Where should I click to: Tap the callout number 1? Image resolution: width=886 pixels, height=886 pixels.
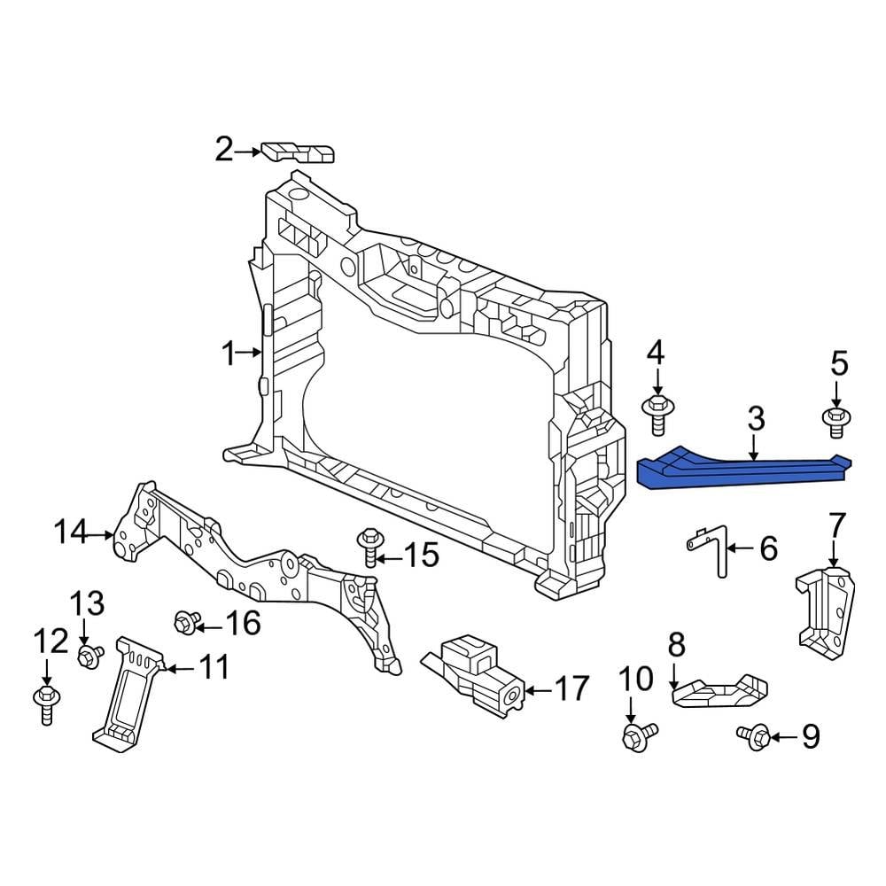(x=229, y=354)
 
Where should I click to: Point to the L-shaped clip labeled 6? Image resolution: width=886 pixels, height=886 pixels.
(x=712, y=549)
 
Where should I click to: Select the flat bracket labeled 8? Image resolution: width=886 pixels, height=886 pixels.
(x=722, y=690)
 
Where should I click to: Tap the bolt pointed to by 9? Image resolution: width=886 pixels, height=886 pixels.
(x=754, y=735)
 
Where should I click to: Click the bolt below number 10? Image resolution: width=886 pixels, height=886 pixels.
(x=637, y=734)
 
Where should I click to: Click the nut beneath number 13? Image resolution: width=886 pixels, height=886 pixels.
(x=89, y=657)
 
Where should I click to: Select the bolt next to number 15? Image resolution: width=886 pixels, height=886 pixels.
(x=369, y=547)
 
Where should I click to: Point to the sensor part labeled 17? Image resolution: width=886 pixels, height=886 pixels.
(x=474, y=677)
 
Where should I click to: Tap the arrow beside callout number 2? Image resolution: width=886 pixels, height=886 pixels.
(x=248, y=152)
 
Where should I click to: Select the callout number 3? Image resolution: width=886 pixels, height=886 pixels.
(x=755, y=421)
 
